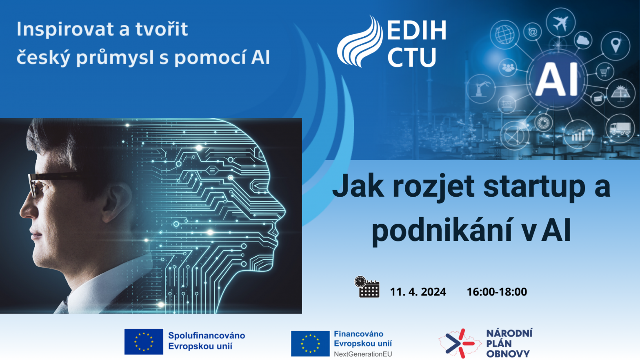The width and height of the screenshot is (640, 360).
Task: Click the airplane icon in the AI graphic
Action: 560,23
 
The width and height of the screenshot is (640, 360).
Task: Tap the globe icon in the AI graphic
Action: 504,35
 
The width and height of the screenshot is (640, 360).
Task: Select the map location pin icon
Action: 616,45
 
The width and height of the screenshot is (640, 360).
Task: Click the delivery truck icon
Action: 620,129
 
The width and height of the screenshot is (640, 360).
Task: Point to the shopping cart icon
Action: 604,71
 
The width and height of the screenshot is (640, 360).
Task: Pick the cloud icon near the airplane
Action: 583,40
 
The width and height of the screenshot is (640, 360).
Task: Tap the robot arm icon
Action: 481,89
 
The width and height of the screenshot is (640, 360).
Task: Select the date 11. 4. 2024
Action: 418,292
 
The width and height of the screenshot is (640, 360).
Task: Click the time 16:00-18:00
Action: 497,292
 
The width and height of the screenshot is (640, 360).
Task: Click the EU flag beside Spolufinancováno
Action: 144,341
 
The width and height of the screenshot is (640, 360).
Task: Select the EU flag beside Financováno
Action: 310,343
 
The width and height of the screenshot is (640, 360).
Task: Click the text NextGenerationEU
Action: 363,354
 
